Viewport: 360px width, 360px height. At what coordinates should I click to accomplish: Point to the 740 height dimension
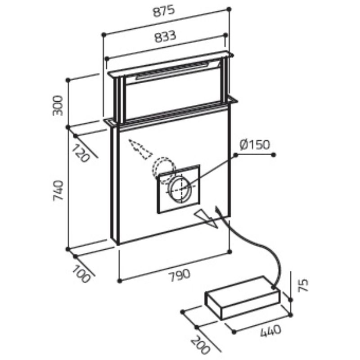pos(58,190)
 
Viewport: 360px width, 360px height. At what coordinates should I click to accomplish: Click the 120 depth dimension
pos(80,153)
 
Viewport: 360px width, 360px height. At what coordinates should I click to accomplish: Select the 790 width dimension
pos(180,275)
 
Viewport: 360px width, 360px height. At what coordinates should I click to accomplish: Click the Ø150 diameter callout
pos(255,144)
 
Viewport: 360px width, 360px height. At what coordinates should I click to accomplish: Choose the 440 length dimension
pos(271,331)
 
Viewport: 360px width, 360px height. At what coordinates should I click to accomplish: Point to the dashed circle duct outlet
pos(163,170)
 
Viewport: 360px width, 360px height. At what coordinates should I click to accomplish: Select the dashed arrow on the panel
pos(140,149)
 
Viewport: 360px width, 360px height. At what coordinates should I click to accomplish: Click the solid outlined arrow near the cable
pos(206,219)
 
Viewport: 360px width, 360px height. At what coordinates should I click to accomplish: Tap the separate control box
pos(242,298)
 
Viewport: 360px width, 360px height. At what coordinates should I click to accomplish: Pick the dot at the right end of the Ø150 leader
pos(273,155)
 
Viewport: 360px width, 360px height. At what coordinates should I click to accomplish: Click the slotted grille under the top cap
pos(177,70)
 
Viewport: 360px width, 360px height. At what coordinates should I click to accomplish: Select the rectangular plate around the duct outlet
pos(178,189)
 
